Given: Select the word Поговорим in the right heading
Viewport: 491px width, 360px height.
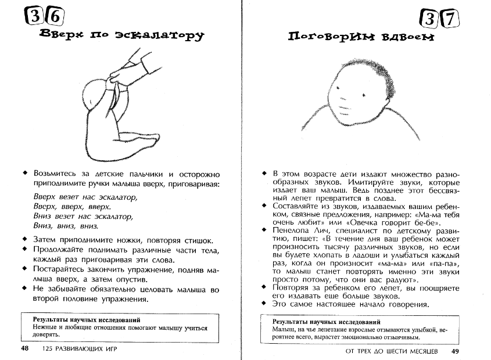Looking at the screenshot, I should (325, 37).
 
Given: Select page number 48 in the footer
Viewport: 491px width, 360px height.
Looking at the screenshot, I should (25, 349).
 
